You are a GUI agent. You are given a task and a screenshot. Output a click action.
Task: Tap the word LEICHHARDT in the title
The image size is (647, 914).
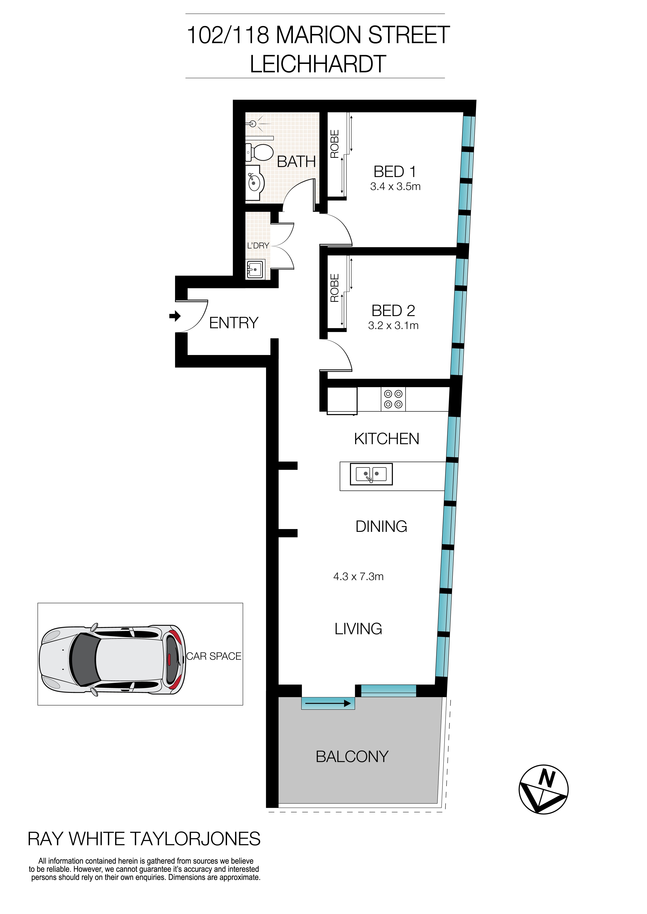click(x=318, y=64)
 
